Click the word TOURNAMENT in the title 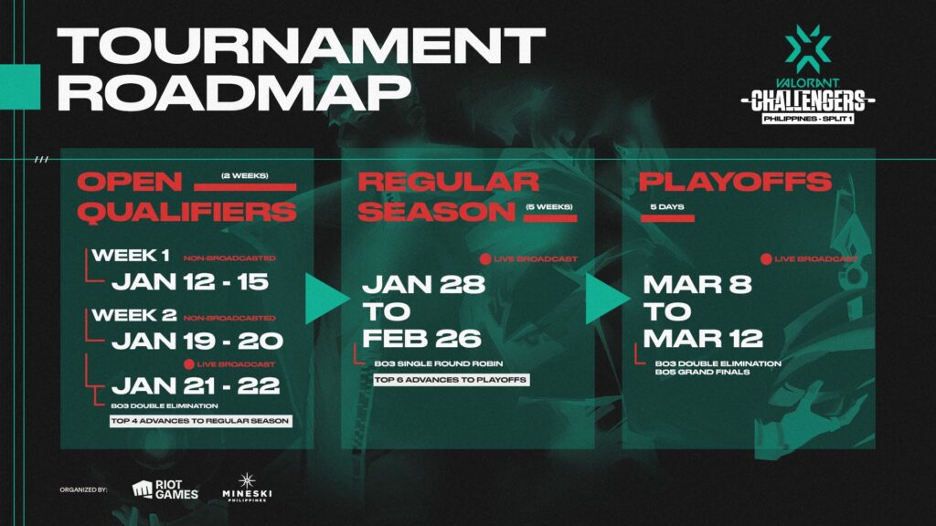pos(301,44)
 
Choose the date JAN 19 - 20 pos(197,342)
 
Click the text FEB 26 pos(420,338)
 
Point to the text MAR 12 pos(702,338)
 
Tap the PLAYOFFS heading pos(735,181)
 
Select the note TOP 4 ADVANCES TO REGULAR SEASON pos(200,421)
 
